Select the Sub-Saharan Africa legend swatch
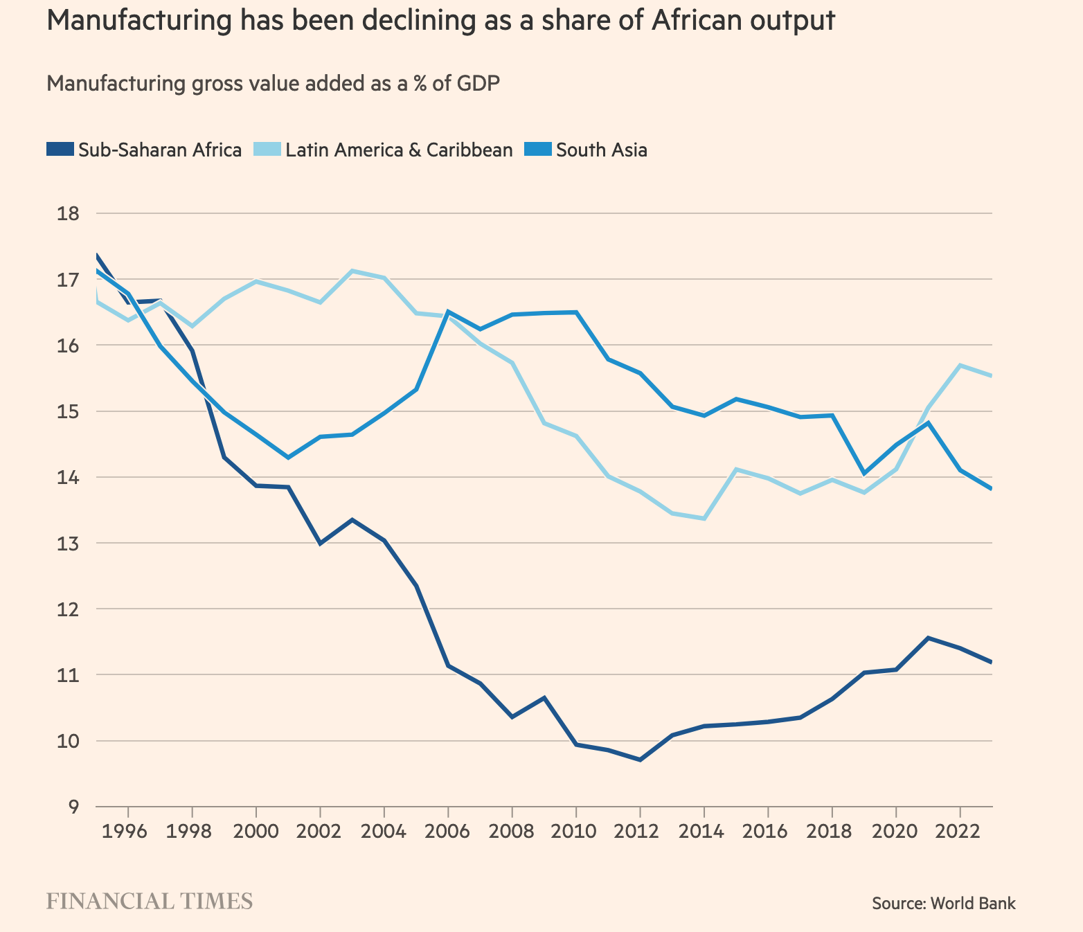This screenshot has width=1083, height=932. coord(60,150)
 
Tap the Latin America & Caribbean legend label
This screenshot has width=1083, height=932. coord(399,150)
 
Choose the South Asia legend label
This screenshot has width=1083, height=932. coord(601,150)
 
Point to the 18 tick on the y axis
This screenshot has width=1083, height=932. coord(69,213)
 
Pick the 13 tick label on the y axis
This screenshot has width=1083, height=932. coord(69,543)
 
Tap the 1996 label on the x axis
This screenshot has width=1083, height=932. coord(128,830)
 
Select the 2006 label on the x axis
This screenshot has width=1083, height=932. coord(448,830)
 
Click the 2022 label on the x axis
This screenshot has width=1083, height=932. coord(960,830)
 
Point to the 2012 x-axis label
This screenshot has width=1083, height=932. coord(640,830)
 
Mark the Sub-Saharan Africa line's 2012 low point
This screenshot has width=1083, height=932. coord(640,760)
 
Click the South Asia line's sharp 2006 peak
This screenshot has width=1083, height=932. coord(448,312)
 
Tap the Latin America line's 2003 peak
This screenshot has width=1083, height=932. coord(352,271)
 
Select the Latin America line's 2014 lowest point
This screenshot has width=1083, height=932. coord(704,518)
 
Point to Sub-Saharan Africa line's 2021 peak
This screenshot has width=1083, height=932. coord(928,638)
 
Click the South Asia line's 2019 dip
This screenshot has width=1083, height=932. coord(864,474)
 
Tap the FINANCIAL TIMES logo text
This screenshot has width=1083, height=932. coord(150,902)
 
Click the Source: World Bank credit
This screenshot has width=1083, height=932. coord(943,903)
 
